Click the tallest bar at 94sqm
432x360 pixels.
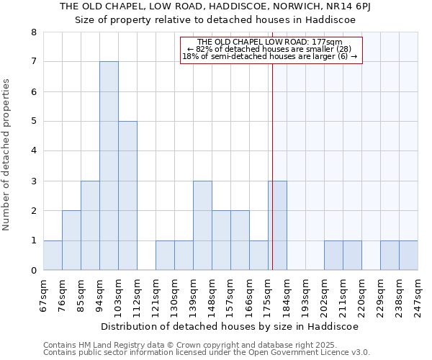pyautogui.click(x=109, y=166)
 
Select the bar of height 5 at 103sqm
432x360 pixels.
pyautogui.click(x=127, y=195)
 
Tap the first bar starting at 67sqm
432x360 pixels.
pyautogui.click(x=53, y=255)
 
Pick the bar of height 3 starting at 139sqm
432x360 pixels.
pyautogui.click(x=202, y=225)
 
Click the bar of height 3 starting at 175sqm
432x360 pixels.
pyautogui.click(x=277, y=225)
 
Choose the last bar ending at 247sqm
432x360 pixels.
pyautogui.click(x=408, y=255)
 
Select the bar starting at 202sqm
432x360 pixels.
pyautogui.click(x=333, y=255)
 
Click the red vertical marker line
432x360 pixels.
pyautogui.click(x=273, y=144)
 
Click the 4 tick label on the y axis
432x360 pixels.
pyautogui.click(x=33, y=151)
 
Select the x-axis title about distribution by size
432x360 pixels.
pyautogui.click(x=230, y=326)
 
